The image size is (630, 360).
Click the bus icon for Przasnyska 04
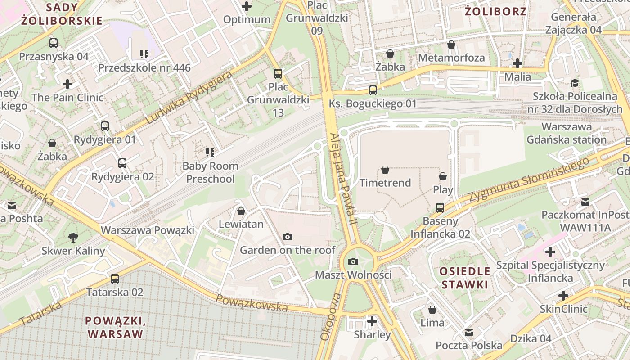(54, 43)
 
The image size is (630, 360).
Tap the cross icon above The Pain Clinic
(67, 84)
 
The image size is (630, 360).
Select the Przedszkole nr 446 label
(144, 68)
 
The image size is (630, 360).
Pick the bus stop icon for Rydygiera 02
(122, 163)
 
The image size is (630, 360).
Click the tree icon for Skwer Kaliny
(73, 237)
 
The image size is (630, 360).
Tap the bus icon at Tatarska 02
(115, 279)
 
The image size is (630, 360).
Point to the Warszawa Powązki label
(148, 230)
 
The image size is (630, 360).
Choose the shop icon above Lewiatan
(241, 211)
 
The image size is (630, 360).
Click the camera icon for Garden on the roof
(287, 237)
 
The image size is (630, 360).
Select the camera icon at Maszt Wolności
(353, 261)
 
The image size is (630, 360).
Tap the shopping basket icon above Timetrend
(385, 170)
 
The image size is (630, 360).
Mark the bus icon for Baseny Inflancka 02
(440, 208)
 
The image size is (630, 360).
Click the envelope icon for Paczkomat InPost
(585, 202)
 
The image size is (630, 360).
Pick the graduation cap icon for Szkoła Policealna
(575, 83)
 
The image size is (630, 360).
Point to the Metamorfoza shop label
(451, 58)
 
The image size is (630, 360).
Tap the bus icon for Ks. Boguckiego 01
(373, 90)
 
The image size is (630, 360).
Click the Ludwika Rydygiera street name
(189, 98)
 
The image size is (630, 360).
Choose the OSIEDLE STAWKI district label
(464, 278)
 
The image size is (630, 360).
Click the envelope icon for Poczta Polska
(469, 333)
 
